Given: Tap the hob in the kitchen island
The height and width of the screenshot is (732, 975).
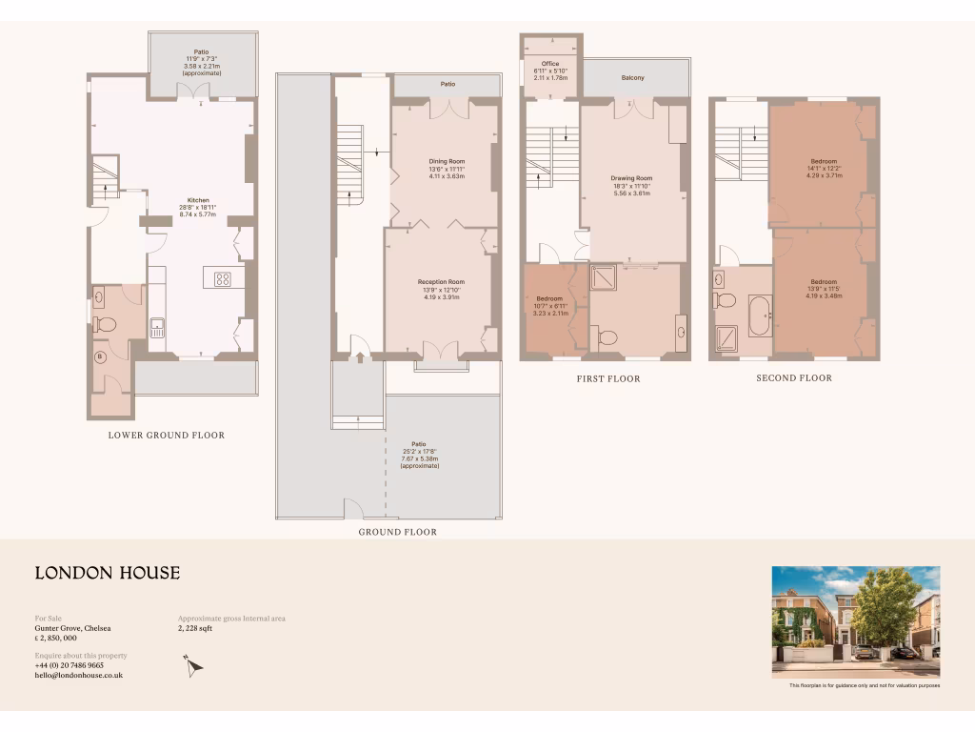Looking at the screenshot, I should point(223,279).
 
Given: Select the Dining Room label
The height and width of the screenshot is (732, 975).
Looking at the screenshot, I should point(447,162).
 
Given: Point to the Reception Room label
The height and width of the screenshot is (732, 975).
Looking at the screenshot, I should point(441,282).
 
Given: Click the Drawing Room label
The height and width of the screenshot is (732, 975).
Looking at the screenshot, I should point(631,178).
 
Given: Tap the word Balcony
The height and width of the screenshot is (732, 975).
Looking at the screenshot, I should point(633,78).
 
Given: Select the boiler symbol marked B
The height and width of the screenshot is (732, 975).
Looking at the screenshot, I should point(99,357).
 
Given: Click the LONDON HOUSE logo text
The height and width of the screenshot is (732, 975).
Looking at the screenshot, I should point(108,573).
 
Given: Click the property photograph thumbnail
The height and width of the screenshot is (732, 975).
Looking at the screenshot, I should point(855,621).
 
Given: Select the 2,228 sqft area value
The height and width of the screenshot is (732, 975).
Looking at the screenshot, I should point(196,629).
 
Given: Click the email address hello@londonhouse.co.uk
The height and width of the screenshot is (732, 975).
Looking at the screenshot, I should point(79,675).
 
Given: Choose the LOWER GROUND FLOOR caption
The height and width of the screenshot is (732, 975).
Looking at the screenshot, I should point(167,436).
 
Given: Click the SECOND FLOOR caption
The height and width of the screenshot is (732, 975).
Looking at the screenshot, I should point(794,378).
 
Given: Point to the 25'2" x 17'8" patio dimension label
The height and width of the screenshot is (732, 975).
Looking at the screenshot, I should point(419,451).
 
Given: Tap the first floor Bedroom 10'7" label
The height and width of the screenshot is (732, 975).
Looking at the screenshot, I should point(550,305).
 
